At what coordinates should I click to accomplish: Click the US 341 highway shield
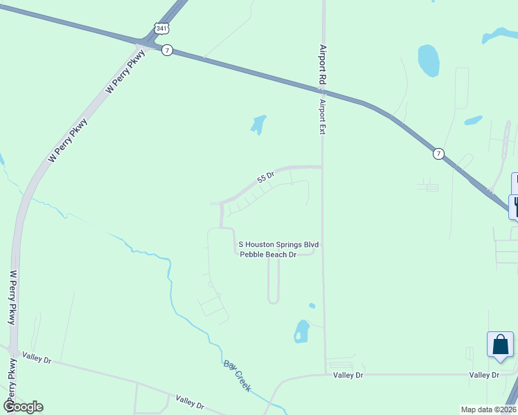pos(161,28)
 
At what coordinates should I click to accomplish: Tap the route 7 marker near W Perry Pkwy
pos(167,50)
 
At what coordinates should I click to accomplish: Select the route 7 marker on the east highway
pos(438,153)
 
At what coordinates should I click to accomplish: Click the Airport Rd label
pos(322,65)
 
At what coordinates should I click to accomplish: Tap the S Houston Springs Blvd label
pos(278,244)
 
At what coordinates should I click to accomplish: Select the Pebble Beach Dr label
pos(268,255)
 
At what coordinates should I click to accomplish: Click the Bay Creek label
pos(236,376)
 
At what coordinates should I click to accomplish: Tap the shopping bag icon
pos(500,344)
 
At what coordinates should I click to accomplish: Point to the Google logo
pos(23,407)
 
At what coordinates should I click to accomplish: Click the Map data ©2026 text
pos(488,409)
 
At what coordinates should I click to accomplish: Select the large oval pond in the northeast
pos(429,60)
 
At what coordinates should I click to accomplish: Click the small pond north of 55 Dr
pos(258,124)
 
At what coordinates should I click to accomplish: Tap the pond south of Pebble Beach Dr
pos(302,331)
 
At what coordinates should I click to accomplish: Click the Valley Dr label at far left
pos(37,358)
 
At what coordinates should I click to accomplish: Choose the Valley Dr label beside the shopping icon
pos(484,375)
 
